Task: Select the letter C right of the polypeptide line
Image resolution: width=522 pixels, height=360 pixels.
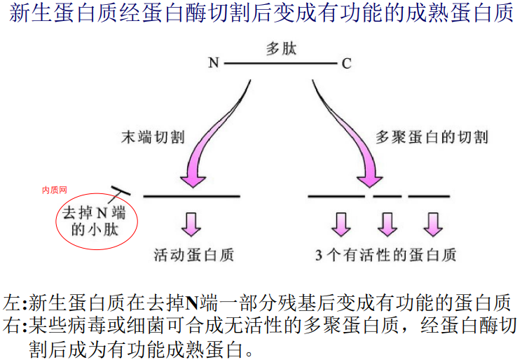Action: (x=346, y=64)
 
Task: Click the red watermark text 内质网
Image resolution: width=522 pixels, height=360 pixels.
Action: (x=54, y=190)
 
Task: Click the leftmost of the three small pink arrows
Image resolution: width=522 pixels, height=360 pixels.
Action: (x=341, y=223)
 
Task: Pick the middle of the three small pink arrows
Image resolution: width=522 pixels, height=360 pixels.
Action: (x=387, y=223)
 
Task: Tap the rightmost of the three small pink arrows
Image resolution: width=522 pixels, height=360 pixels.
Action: (x=432, y=223)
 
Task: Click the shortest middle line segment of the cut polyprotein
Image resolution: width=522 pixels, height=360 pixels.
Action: (x=387, y=196)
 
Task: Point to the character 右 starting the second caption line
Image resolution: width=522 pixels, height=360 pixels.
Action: (x=12, y=326)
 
